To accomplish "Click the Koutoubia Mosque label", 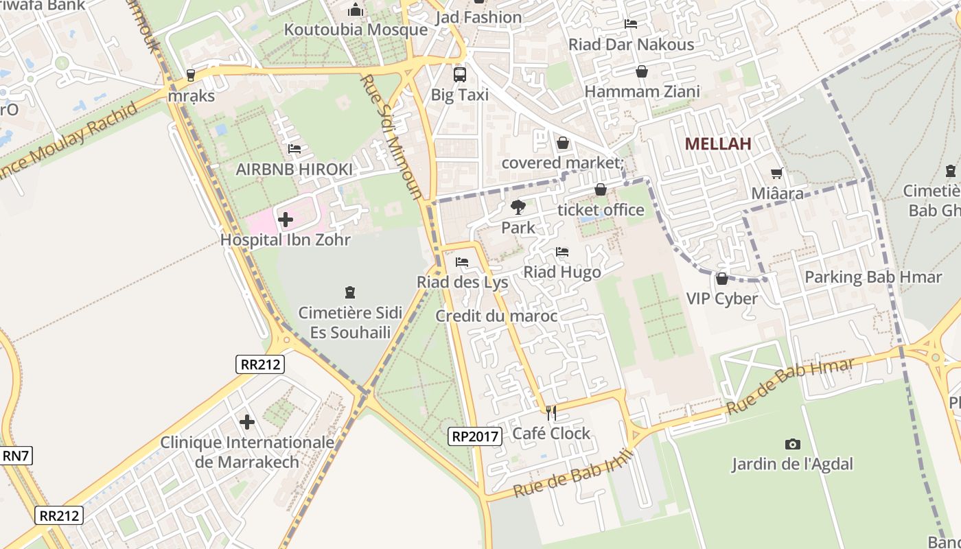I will pyautogui.click(x=356, y=30).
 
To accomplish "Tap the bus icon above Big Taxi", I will pyautogui.click(x=460, y=74).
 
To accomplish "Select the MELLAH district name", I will pyautogui.click(x=718, y=143).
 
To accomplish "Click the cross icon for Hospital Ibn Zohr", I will pyautogui.click(x=286, y=220).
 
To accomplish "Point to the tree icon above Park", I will pyautogui.click(x=518, y=207).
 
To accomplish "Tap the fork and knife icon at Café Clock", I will pyautogui.click(x=551, y=412).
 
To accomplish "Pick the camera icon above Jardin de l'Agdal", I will pyautogui.click(x=792, y=444).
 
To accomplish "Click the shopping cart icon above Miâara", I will pyautogui.click(x=777, y=173).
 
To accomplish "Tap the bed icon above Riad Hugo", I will pyautogui.click(x=562, y=252).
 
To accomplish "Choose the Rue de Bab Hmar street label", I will pyautogui.click(x=789, y=385).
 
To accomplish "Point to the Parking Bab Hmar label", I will pyautogui.click(x=873, y=277).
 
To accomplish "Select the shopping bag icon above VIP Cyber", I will pyautogui.click(x=721, y=279).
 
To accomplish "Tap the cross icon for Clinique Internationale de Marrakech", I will pyautogui.click(x=247, y=421).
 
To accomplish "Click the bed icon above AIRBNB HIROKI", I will pyautogui.click(x=294, y=148).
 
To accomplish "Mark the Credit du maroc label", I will pyautogui.click(x=496, y=316).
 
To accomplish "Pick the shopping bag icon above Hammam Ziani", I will pyautogui.click(x=642, y=71).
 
